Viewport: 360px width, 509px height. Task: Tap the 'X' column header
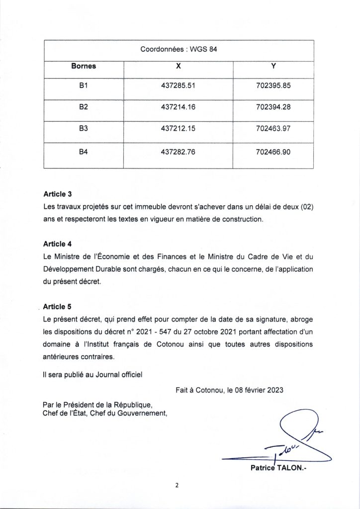pos(179,65)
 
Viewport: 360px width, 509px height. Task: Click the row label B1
pos(84,85)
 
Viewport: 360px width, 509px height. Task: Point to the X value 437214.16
pos(179,106)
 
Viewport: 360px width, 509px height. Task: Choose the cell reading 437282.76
pos(179,151)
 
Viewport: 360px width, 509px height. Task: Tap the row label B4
pos(84,151)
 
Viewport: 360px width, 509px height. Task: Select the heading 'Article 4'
pos(58,244)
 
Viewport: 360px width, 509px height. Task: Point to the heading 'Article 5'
pos(58,307)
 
